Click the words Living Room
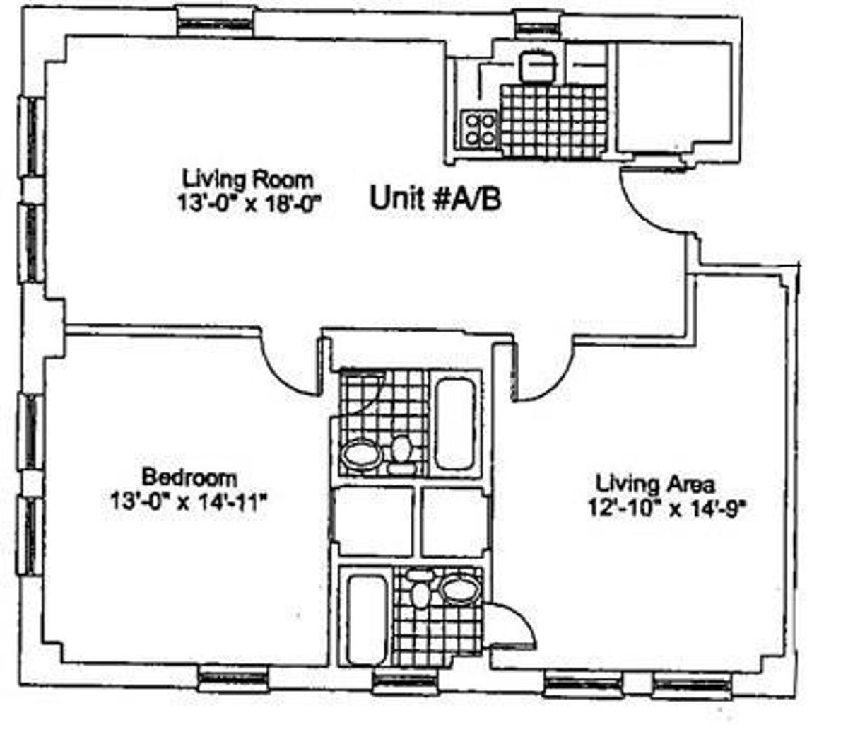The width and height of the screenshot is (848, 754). tap(247, 177)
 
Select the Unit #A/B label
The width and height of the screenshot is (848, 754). tap(435, 199)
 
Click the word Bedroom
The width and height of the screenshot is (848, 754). tap(189, 476)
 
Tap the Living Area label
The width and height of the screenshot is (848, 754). tap(655, 485)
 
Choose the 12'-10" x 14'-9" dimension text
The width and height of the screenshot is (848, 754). tap(666, 509)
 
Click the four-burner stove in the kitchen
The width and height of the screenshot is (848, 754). tap(479, 129)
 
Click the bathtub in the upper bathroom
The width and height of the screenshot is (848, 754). tap(453, 424)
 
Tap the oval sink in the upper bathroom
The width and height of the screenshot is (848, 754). tap(360, 453)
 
